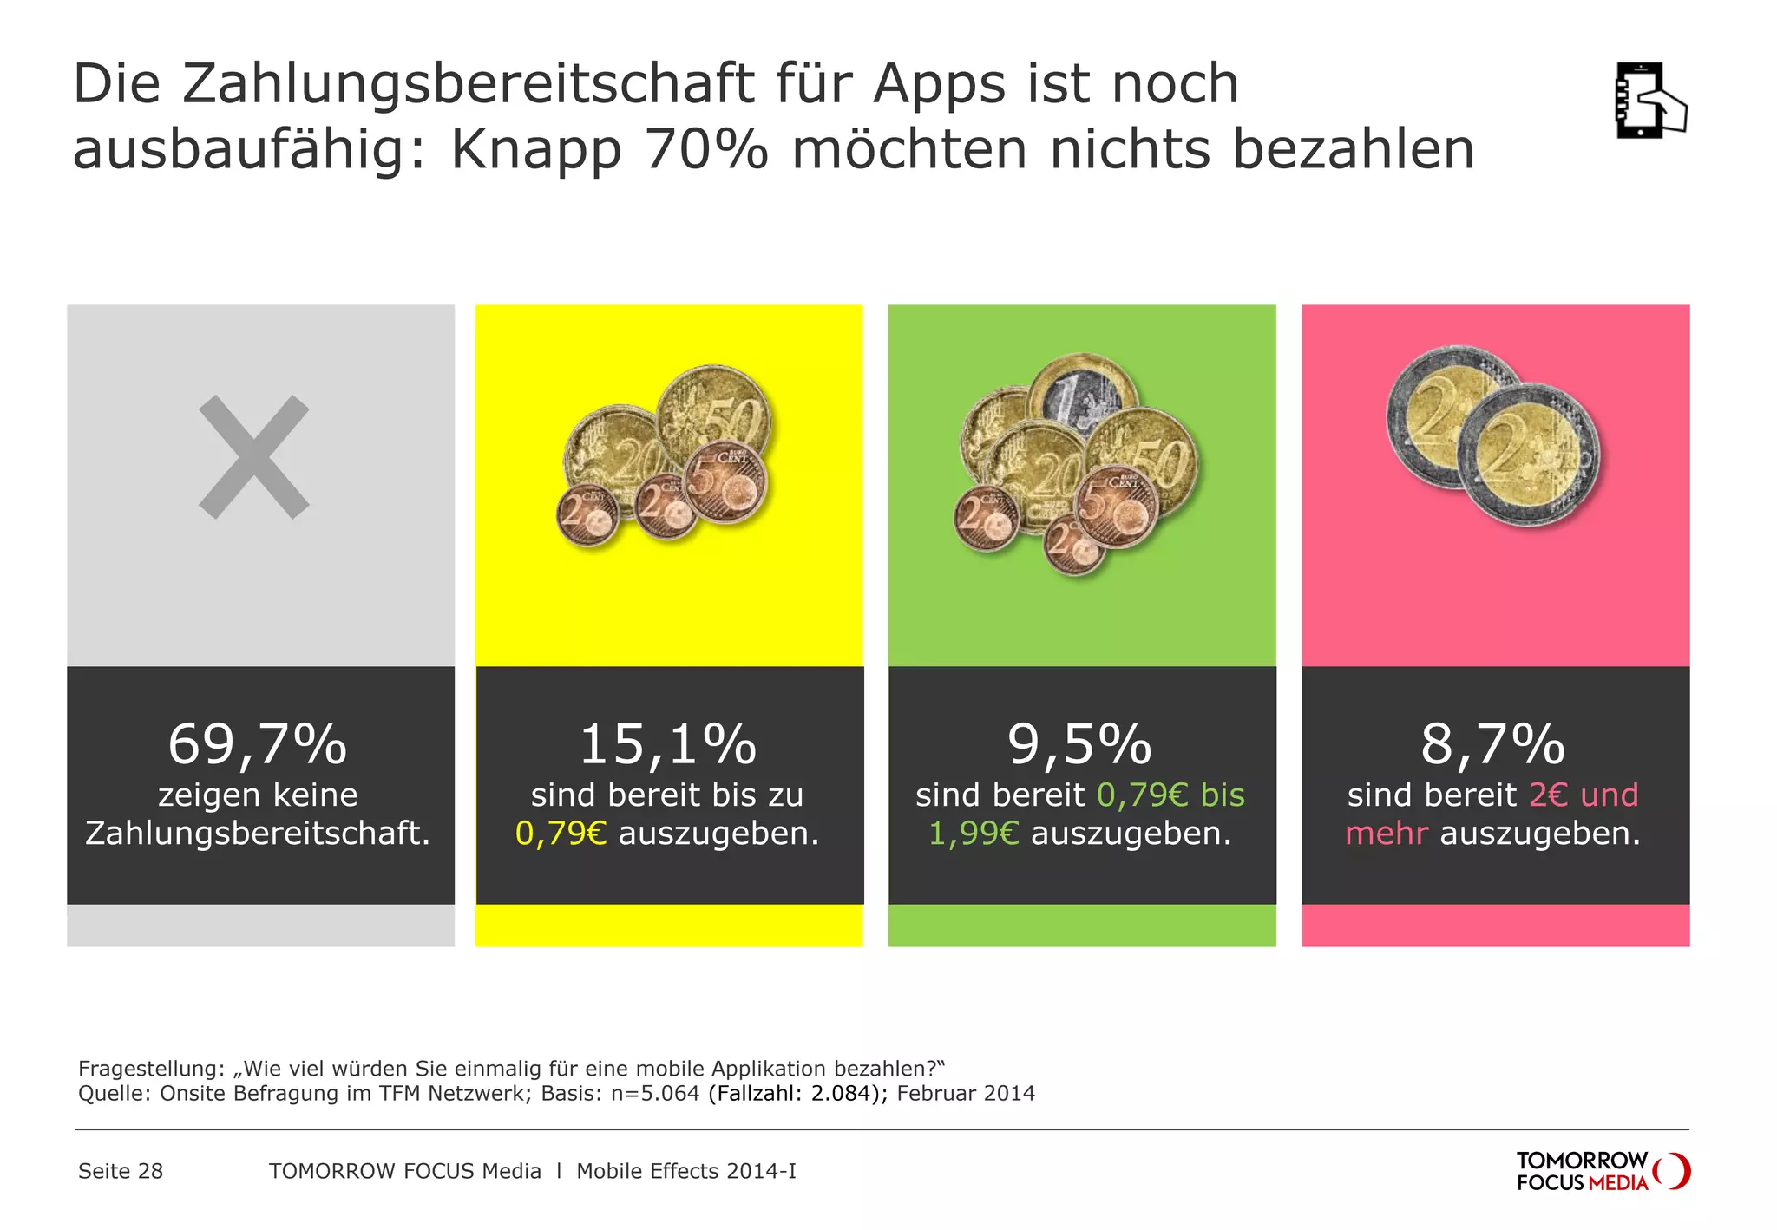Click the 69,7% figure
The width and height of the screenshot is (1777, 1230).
[x=258, y=744]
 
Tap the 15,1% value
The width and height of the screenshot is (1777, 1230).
[x=668, y=744]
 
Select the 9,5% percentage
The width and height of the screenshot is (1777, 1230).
[x=1080, y=744]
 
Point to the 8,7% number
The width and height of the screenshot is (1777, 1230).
[x=1493, y=744]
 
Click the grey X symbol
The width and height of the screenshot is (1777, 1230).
[x=254, y=457]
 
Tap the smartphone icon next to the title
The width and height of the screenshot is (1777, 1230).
[x=1649, y=100]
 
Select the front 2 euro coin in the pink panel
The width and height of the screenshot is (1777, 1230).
[x=1527, y=454]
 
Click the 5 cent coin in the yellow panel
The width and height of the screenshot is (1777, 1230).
[x=726, y=482]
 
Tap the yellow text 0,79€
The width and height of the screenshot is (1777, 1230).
[x=561, y=834]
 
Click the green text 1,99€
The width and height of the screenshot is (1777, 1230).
[x=974, y=834]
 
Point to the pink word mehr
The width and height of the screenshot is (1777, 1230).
[x=1386, y=834]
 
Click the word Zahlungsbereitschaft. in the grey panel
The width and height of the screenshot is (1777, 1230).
[x=258, y=834]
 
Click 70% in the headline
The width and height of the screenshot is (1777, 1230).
[x=706, y=150]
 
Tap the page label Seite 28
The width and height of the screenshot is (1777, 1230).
[x=121, y=1171]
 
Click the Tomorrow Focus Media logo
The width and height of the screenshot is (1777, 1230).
[x=1602, y=1171]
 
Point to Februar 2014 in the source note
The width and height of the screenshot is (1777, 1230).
[x=966, y=1093]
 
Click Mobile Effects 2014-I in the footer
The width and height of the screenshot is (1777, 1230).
[x=685, y=1171]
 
